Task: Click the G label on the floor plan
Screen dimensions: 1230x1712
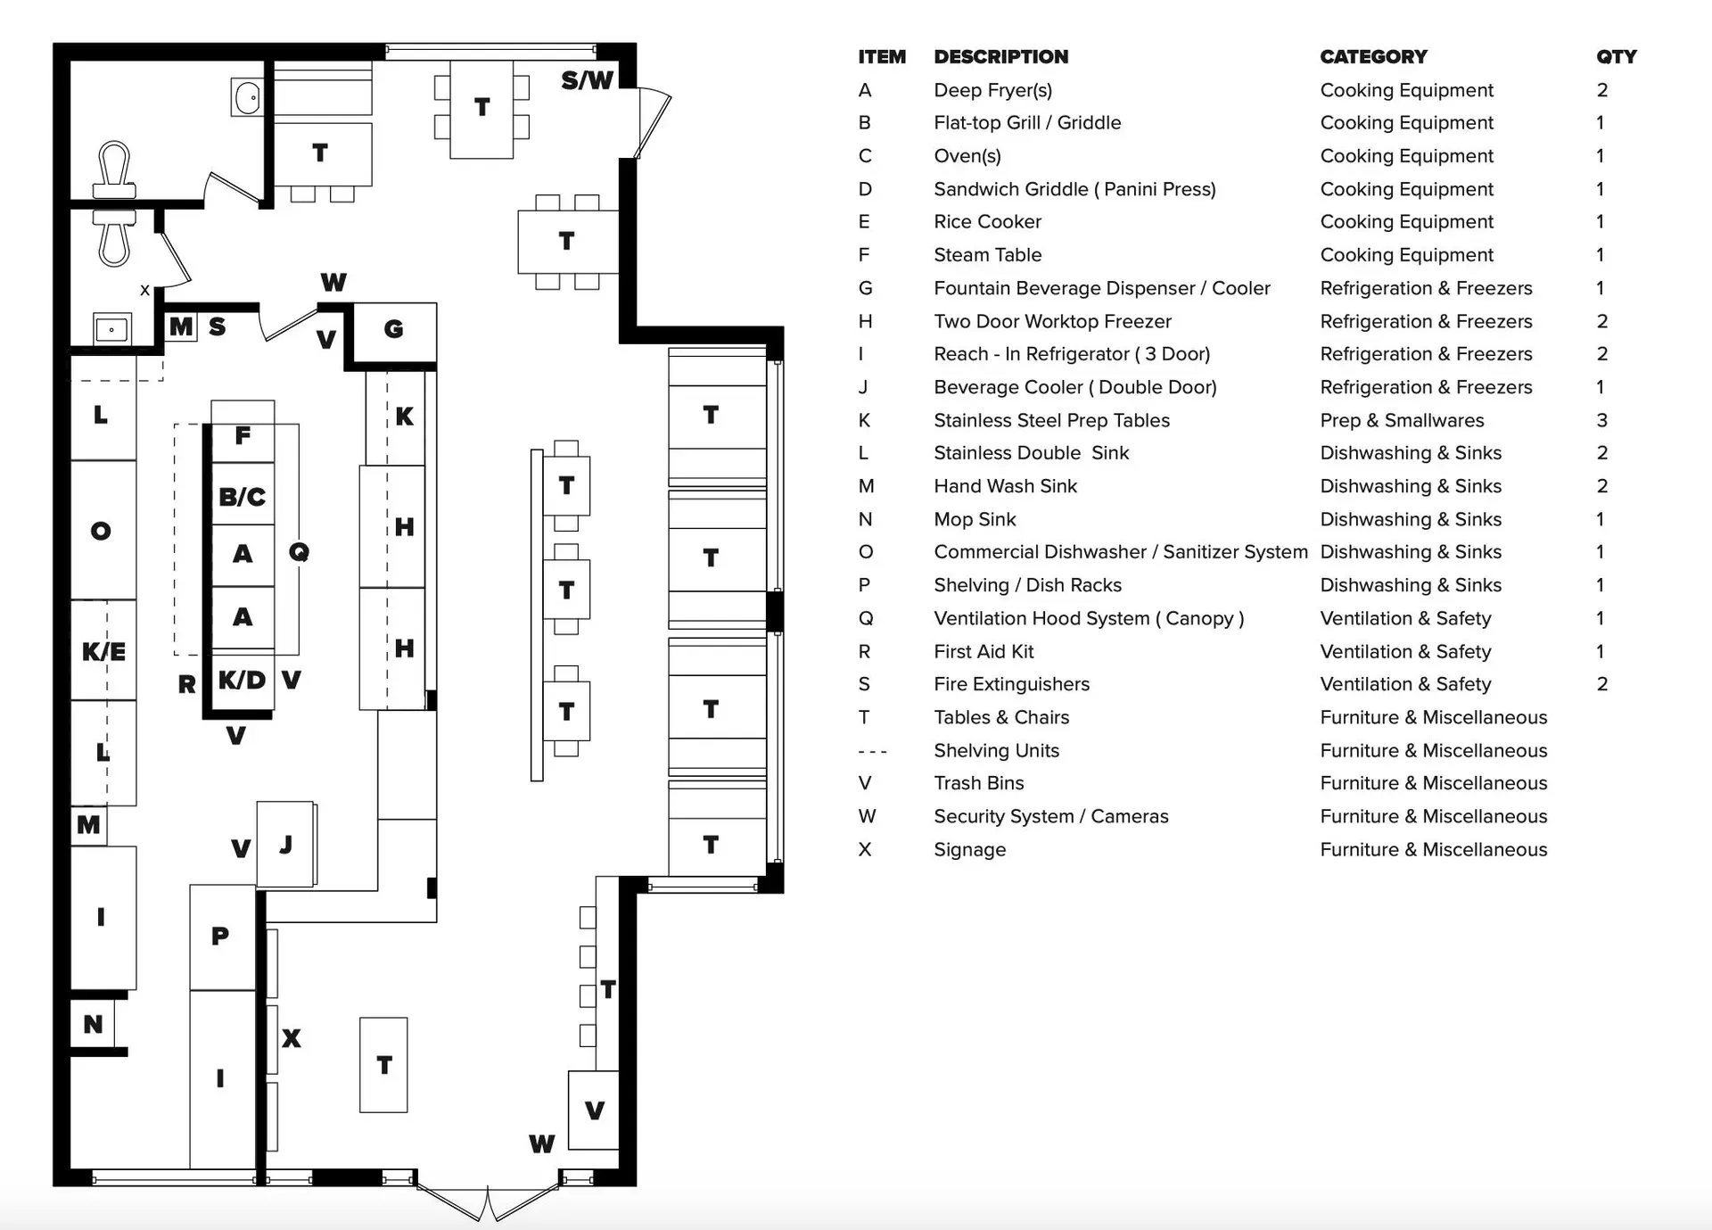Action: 393,329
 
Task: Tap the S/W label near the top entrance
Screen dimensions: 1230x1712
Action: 587,81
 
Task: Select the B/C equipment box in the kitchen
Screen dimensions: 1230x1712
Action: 243,496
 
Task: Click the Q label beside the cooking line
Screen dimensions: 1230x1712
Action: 299,552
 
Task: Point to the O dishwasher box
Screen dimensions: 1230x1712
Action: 103,531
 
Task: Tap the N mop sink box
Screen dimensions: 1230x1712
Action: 93,1024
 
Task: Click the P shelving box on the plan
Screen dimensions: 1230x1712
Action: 221,937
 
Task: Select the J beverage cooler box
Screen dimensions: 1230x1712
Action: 286,844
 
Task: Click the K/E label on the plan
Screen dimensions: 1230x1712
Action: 103,651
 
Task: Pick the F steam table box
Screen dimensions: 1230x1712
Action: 243,434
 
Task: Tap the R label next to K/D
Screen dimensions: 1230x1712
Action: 186,684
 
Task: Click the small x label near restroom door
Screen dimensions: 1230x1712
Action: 144,290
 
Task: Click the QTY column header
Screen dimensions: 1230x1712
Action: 1616,57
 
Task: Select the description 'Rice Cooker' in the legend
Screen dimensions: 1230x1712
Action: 987,222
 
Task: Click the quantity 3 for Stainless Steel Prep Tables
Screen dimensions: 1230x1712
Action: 1601,420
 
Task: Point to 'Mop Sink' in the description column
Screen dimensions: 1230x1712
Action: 975,519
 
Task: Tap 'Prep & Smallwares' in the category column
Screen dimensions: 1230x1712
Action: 1402,420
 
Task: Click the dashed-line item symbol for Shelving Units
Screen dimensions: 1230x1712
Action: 872,751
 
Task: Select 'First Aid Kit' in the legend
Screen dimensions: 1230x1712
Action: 984,652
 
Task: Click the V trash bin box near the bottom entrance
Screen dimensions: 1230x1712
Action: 594,1110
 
